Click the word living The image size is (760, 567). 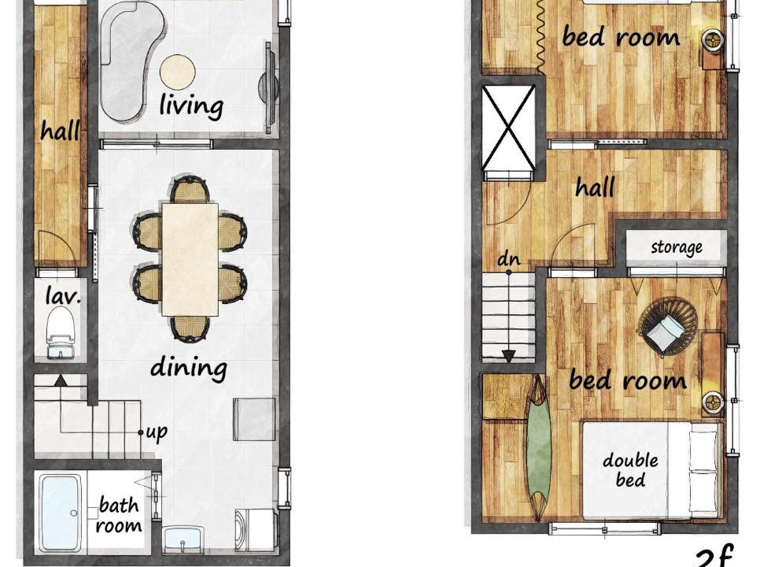click(x=191, y=106)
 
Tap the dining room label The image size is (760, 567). click(x=189, y=368)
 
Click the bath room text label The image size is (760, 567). click(x=120, y=515)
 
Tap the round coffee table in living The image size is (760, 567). click(x=178, y=72)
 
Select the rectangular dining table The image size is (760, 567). click(x=190, y=259)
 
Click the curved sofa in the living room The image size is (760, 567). click(x=130, y=61)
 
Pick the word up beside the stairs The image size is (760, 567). click(x=157, y=432)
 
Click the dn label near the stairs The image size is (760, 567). click(x=509, y=260)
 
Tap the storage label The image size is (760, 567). click(x=677, y=247)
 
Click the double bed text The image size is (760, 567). click(x=631, y=470)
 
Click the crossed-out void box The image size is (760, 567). click(x=509, y=128)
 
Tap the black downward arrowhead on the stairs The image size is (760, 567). click(x=508, y=357)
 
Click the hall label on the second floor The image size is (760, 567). click(x=596, y=187)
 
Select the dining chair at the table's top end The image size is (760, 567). click(x=190, y=189)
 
